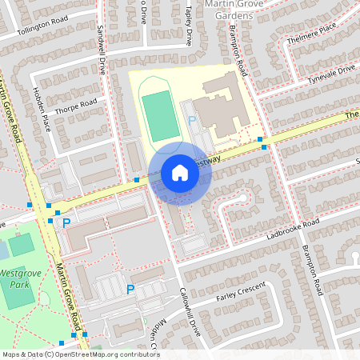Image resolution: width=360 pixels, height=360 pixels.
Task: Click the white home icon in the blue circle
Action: (x=179, y=173)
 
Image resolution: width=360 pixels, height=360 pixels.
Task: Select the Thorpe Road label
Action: (x=76, y=105)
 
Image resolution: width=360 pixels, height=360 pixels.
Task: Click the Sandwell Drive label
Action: (x=102, y=50)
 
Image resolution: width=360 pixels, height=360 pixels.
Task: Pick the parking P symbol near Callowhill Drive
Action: (x=130, y=289)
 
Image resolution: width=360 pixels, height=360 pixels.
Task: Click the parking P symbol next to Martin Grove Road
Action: (x=66, y=222)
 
